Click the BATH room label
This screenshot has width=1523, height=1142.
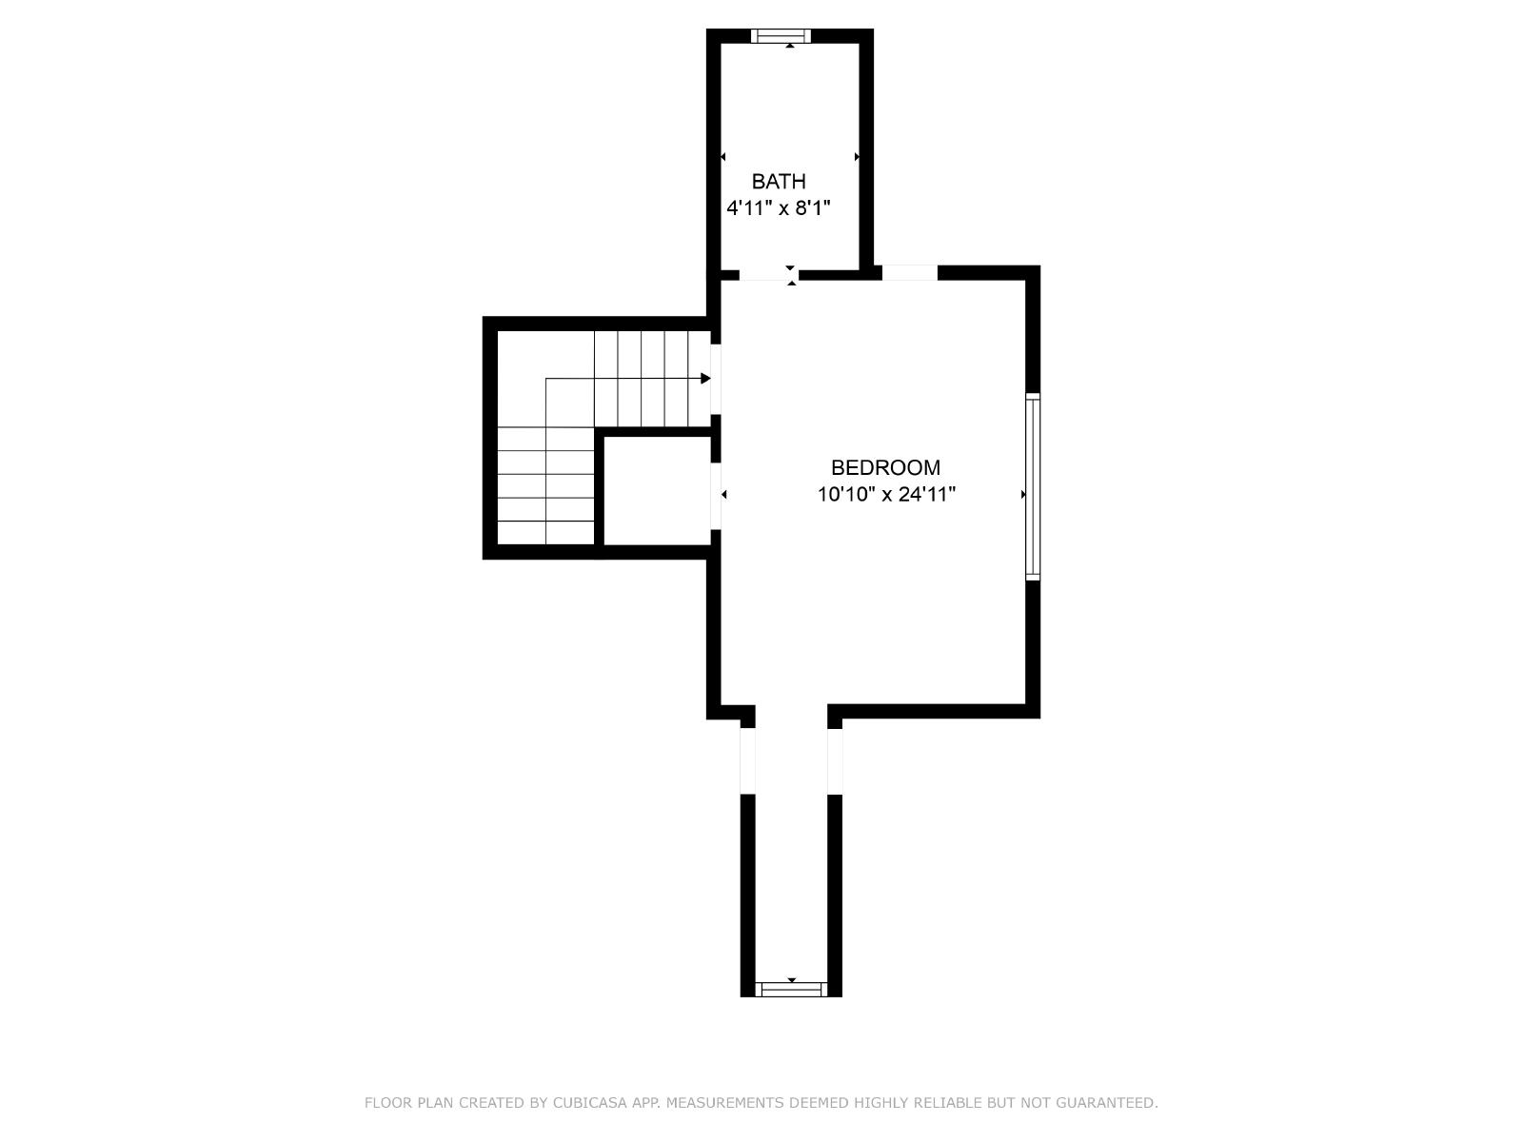point(779,182)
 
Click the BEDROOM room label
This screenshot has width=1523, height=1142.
point(885,468)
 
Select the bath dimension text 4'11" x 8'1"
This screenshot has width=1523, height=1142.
point(779,208)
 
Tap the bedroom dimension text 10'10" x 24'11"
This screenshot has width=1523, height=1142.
point(886,494)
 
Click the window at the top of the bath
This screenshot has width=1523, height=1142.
point(781,36)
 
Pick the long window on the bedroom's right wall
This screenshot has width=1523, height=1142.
point(1033,486)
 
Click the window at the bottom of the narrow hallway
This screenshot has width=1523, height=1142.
point(791,990)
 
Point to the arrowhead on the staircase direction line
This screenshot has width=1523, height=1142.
point(705,379)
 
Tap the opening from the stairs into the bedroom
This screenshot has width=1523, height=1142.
point(716,380)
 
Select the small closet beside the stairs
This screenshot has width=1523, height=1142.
point(657,491)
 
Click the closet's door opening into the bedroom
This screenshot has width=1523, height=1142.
point(716,497)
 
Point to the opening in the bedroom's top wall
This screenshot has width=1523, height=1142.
point(910,272)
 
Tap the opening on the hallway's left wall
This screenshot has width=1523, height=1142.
point(747,760)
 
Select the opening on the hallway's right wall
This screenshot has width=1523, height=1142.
point(835,761)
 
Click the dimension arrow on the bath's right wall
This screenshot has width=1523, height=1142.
point(857,157)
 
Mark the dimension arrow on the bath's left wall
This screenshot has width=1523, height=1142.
point(723,157)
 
